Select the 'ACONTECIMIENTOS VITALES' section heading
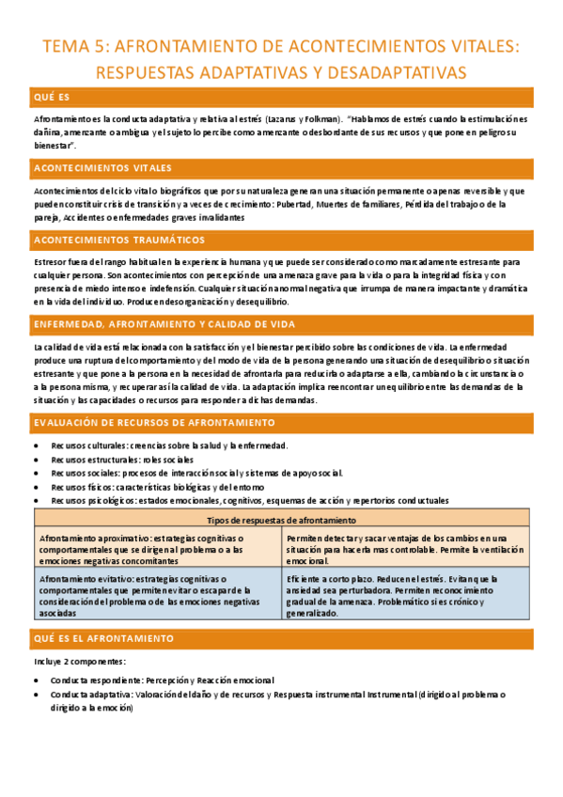pos(102,168)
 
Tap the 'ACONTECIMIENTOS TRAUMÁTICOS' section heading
pos(118,240)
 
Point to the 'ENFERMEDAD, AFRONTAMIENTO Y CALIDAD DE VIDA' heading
pos(164,324)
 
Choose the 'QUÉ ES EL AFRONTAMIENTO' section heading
pos(103,639)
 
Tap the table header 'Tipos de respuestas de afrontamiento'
pos(281,520)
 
